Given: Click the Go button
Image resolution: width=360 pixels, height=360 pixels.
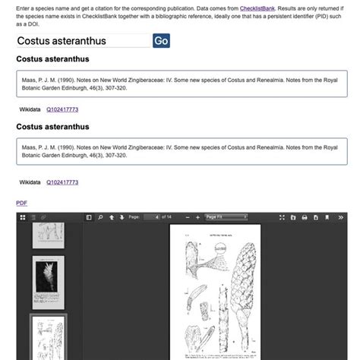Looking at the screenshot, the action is [x=161, y=41].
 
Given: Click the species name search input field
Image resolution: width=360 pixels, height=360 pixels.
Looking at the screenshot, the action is [x=83, y=41].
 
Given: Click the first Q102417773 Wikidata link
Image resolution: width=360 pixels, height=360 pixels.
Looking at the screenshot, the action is [x=62, y=109].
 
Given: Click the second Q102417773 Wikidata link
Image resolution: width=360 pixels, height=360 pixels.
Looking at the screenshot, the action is [x=62, y=182].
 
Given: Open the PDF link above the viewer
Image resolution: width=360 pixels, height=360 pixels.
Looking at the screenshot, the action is [x=21, y=203].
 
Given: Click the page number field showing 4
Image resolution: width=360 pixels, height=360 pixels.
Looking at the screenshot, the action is [x=156, y=217].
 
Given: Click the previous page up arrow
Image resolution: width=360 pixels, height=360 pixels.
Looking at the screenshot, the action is [x=111, y=217].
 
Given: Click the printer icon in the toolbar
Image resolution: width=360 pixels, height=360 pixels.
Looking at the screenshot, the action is [x=304, y=217].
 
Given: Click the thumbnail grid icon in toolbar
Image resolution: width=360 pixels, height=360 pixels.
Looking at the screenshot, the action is [x=23, y=218].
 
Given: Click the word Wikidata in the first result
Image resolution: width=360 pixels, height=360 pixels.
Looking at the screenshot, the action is [x=30, y=109].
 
